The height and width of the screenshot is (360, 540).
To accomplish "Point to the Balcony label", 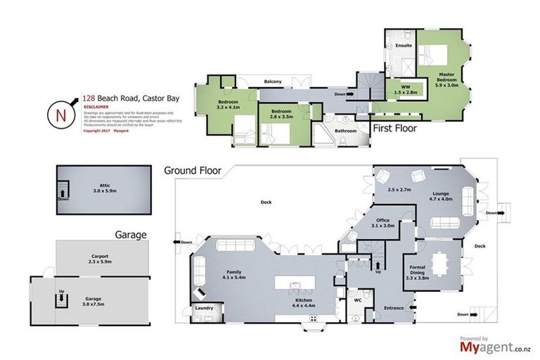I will [273, 82].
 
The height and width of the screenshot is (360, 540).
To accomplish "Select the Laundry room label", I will [204, 307].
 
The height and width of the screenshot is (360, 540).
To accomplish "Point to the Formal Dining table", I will [442, 264].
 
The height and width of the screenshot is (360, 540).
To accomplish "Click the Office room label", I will [382, 220].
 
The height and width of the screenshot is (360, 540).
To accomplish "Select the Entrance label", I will [394, 307].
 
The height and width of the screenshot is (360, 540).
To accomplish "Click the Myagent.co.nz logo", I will [494, 345].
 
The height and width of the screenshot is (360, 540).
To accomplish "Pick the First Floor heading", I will [394, 129].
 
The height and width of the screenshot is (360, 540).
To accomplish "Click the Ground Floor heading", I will [193, 170].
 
